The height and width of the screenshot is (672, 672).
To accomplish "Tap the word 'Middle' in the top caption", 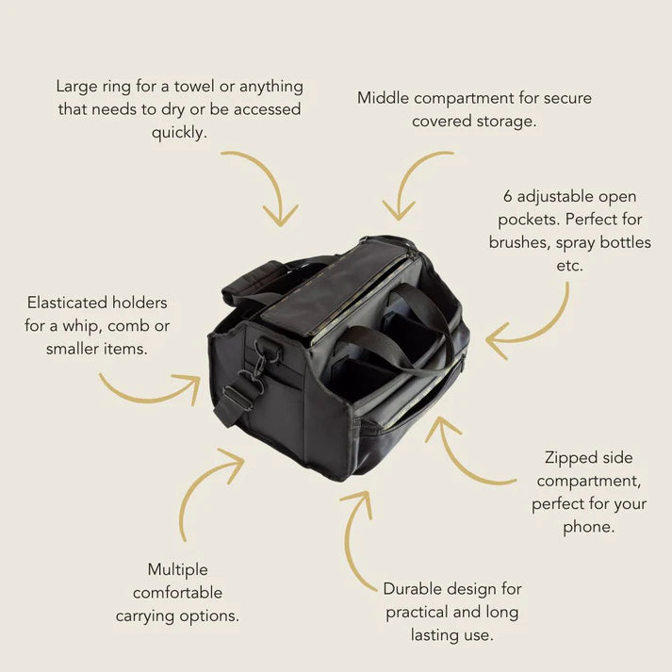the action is pos(384,98).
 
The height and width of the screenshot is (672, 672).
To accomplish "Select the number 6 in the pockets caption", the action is pos(508,196).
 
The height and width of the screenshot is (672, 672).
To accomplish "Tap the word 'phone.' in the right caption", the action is pos(588,528).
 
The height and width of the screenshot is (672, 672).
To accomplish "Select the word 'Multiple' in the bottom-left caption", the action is pos(178,570).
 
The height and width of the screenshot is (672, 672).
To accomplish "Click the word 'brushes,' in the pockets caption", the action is pos(520,242).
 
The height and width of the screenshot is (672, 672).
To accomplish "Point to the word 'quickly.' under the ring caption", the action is pos(179,133).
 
